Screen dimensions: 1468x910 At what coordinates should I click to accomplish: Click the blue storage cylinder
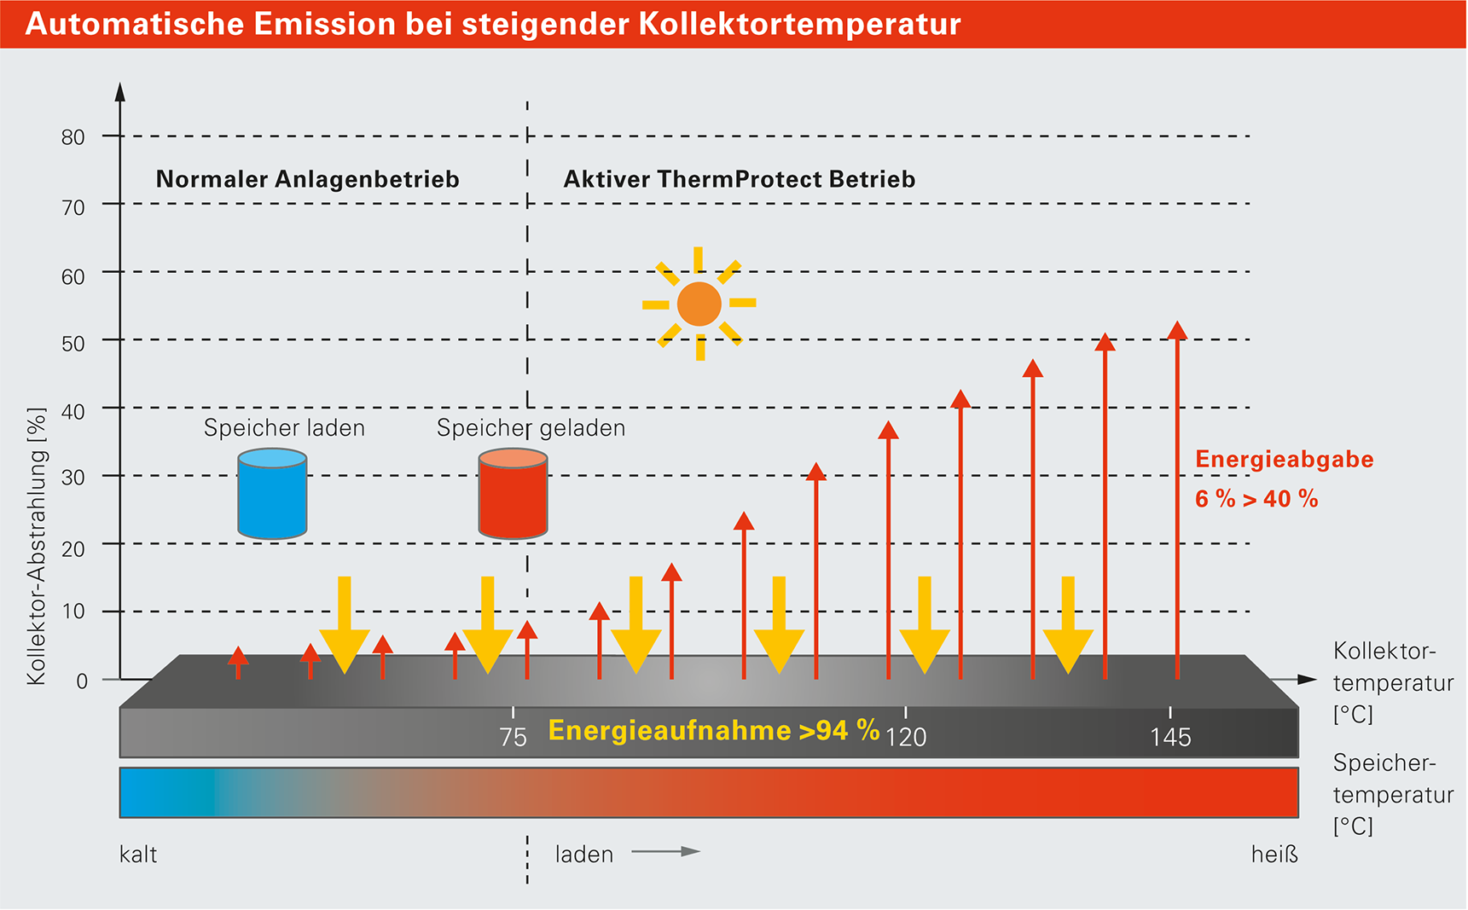(x=272, y=494)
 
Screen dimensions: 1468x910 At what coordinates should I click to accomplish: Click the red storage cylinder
(x=513, y=494)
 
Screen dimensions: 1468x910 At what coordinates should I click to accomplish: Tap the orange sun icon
(x=699, y=304)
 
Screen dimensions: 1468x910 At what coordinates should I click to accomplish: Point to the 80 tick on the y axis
(x=73, y=136)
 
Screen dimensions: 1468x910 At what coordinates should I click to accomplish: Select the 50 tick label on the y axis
(x=73, y=343)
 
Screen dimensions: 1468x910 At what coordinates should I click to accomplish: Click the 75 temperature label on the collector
(x=513, y=737)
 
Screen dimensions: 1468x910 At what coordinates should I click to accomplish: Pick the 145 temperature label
(x=1170, y=737)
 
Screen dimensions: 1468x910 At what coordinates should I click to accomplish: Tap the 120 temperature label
(x=906, y=737)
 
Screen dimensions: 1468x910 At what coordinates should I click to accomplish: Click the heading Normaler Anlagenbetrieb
(x=307, y=179)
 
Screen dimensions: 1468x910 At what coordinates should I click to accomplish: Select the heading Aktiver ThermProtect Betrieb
(x=740, y=179)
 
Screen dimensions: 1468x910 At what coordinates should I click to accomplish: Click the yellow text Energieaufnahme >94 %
(x=714, y=730)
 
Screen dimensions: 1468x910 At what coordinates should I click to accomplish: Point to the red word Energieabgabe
(x=1285, y=460)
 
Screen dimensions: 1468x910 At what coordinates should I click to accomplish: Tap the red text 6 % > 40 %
(x=1256, y=499)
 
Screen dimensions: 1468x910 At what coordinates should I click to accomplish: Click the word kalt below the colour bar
(x=138, y=854)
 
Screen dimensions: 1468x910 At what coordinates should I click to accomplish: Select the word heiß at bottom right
(x=1274, y=854)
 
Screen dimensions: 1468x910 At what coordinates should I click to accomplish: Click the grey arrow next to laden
(x=665, y=851)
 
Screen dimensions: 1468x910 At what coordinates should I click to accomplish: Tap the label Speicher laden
(x=284, y=428)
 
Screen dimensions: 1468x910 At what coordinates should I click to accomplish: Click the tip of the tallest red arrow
(x=1178, y=322)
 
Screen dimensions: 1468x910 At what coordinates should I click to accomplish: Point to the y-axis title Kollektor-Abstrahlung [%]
(x=36, y=547)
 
